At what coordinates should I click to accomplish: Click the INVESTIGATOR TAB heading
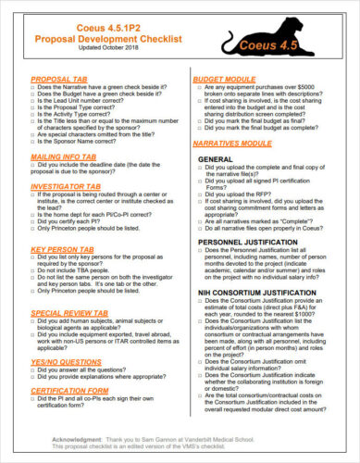coord(67,186)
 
